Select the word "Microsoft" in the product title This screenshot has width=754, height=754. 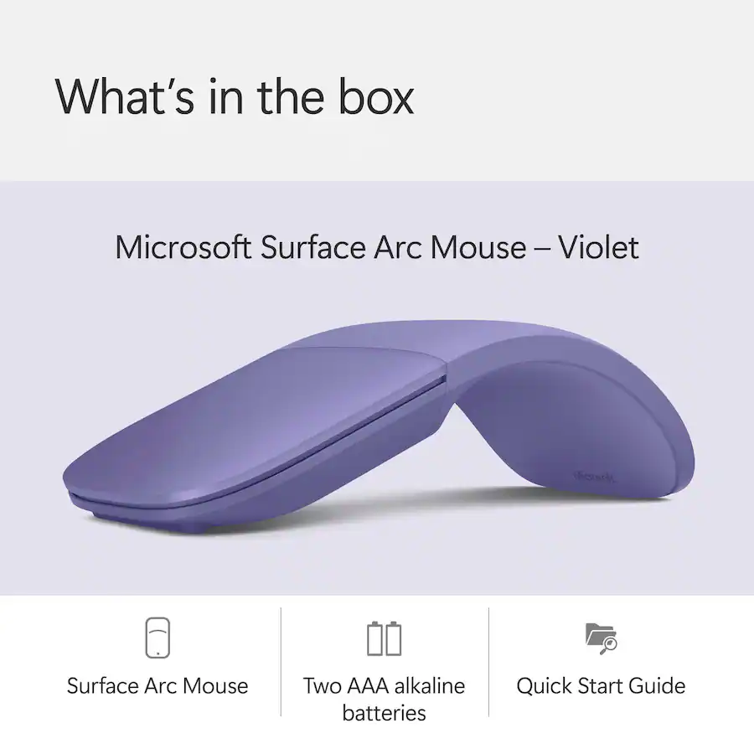tap(183, 247)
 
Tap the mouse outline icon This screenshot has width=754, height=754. tap(158, 638)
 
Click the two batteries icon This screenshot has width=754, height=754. tap(384, 638)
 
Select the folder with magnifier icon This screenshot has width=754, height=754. tap(601, 638)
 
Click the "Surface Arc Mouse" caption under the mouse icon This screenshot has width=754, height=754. tap(158, 686)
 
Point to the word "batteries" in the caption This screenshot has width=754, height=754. tap(384, 714)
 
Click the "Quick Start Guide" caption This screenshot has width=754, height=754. tap(601, 686)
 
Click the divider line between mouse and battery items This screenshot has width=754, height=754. tap(281, 662)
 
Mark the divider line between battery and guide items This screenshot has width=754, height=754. tap(488, 662)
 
